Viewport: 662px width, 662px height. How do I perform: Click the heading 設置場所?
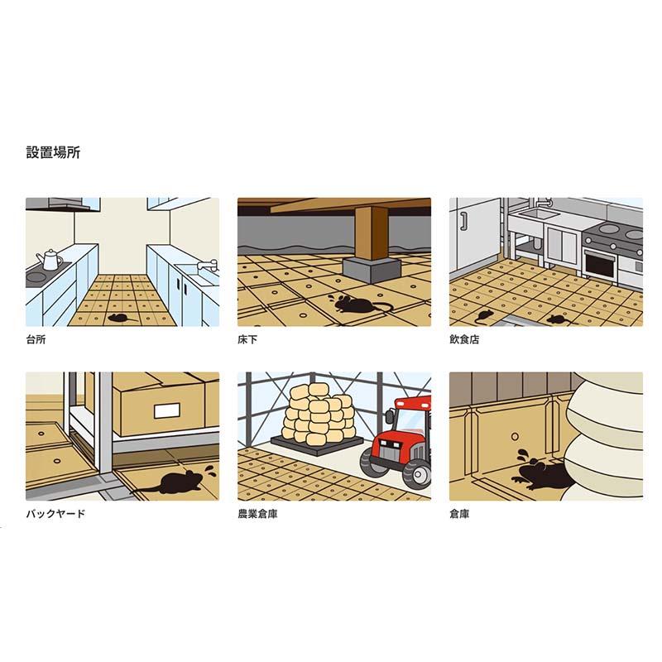pos(53,152)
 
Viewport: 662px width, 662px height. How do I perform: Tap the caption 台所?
pos(36,339)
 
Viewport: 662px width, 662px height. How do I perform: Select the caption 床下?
pos(247,339)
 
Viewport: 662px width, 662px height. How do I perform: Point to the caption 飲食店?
pos(464,339)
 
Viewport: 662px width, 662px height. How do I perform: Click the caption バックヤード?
pos(55,514)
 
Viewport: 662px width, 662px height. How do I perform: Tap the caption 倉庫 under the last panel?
pos(459,514)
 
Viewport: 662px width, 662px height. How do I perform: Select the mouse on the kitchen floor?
pos(117,318)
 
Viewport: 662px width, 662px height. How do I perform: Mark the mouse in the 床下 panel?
pos(351,305)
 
